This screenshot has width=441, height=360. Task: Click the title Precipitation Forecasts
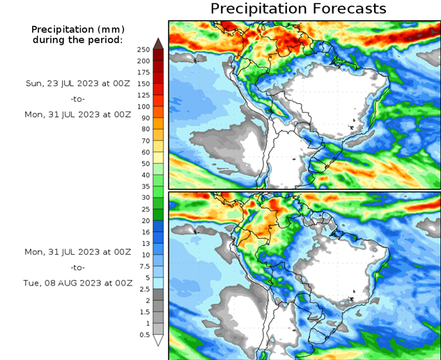297,8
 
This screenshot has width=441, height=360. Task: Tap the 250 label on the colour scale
144,50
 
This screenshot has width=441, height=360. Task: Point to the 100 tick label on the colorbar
144,107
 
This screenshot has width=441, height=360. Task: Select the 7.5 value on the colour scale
144,266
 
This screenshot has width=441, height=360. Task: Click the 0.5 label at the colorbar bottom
144,335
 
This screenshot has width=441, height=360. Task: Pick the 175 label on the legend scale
144,73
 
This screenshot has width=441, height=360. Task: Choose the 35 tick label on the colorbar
144,187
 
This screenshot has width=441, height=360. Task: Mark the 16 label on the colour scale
144,232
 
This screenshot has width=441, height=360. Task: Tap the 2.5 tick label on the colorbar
144,289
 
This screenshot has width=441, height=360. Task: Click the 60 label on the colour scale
144,152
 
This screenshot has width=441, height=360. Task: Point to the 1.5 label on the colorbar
144,312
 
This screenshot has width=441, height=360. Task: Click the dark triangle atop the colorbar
158,42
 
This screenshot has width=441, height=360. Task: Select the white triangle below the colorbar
158,341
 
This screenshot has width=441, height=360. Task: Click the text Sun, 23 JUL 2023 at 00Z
77,83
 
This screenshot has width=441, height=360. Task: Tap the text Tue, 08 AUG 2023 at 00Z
77,283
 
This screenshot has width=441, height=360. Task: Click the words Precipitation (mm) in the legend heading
77,29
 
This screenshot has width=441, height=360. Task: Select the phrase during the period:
77,40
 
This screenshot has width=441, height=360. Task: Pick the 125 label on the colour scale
144,95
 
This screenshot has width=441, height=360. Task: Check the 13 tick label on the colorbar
144,244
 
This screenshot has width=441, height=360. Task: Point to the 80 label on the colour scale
144,130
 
